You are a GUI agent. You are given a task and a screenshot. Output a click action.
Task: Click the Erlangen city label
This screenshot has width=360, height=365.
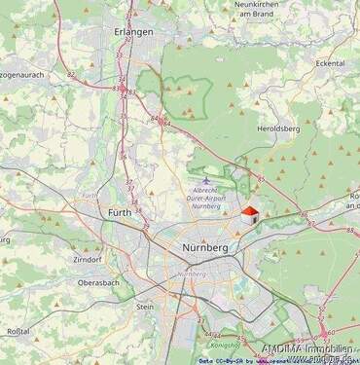coord(133,32)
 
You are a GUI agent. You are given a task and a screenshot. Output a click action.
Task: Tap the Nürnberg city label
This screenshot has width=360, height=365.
coord(205,248)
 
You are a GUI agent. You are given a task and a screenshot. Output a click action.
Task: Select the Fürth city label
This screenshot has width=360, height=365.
coord(120,212)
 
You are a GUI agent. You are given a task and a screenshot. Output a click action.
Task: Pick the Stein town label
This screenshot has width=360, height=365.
coord(145,306)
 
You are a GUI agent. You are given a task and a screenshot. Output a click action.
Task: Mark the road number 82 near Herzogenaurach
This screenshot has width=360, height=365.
coord(71,74)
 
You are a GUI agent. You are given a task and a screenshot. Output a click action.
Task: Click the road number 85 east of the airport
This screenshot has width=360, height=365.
coord(261,178)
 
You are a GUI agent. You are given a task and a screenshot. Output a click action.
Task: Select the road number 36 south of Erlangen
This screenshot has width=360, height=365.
coord(124,156)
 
